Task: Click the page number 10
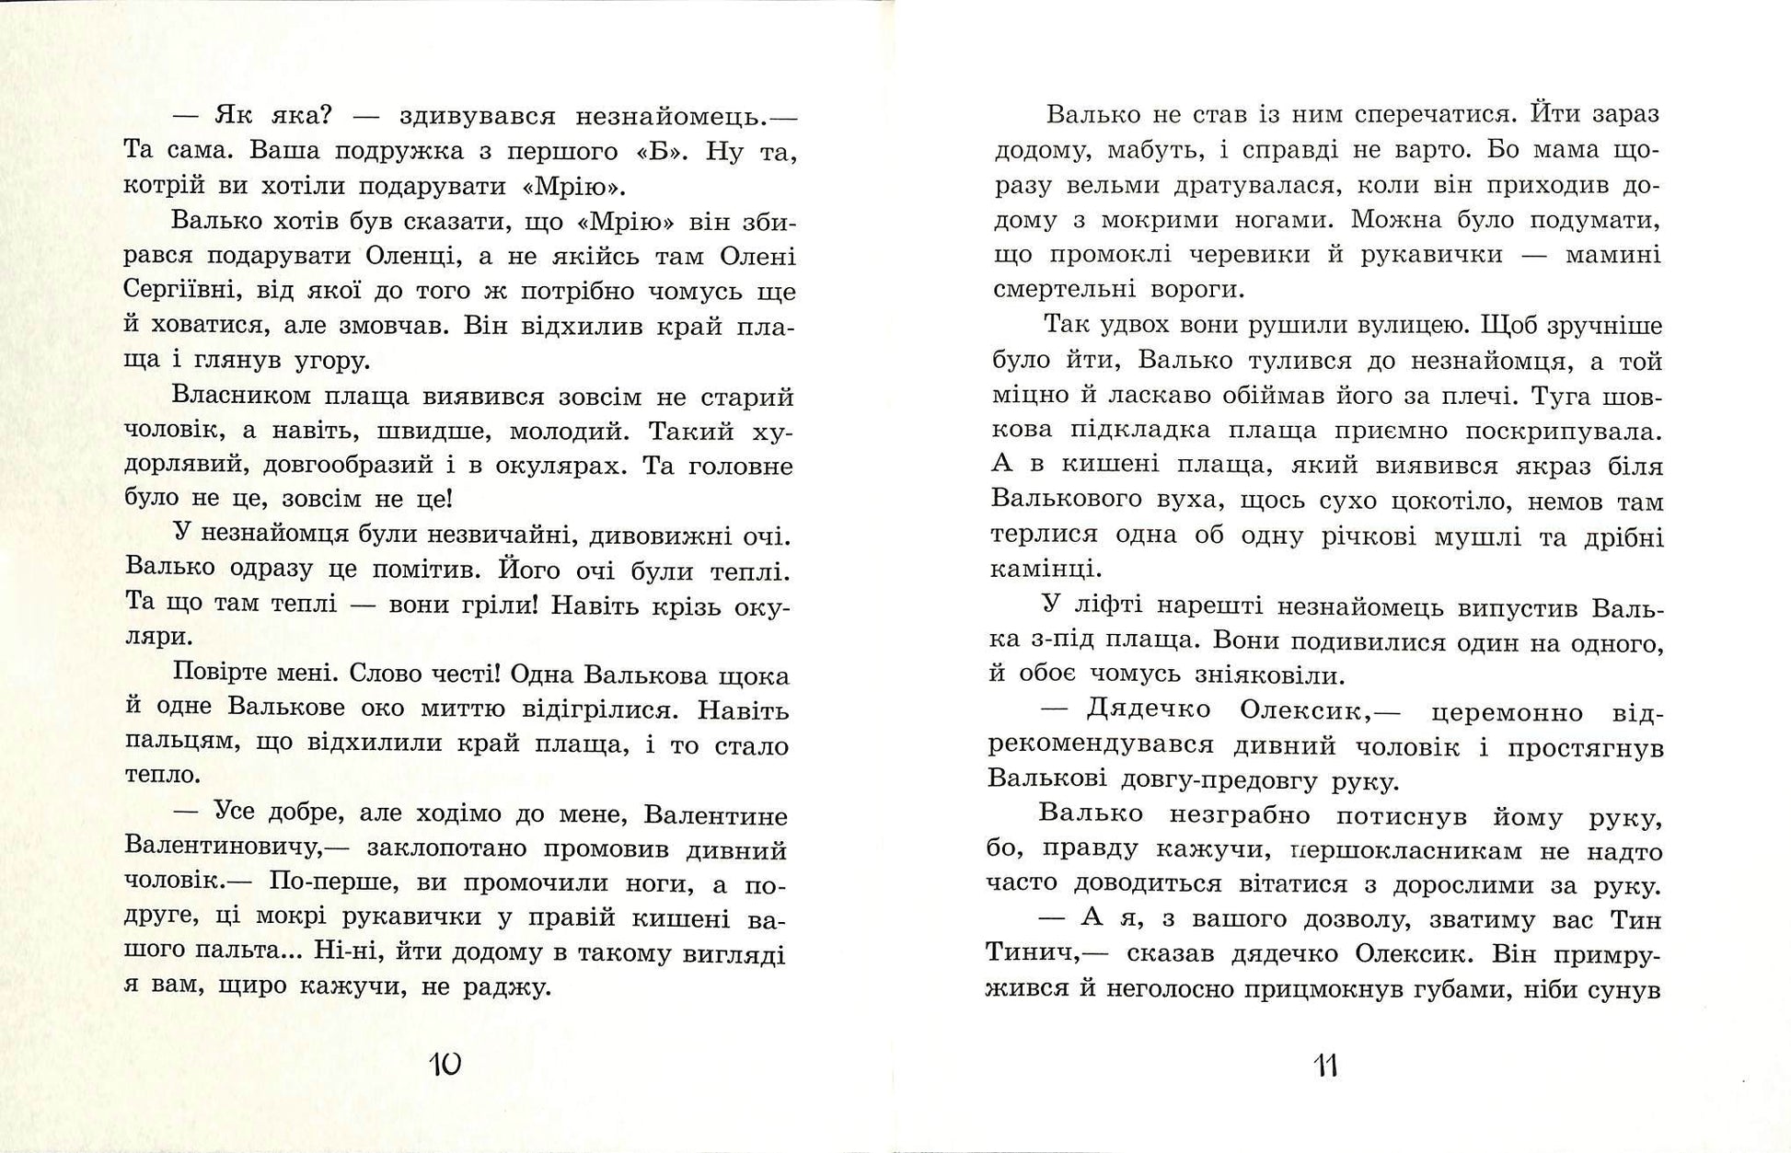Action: [445, 1066]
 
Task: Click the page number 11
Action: [1325, 1067]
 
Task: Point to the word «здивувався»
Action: [478, 118]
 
